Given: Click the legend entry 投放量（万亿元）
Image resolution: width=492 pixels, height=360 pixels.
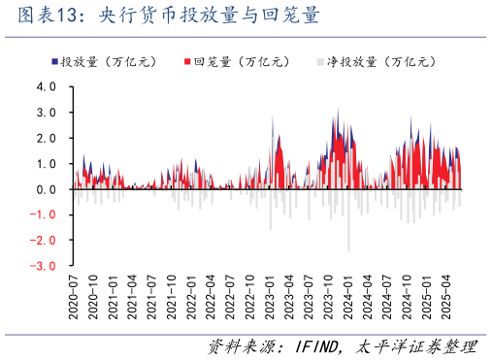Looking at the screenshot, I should tap(102, 62).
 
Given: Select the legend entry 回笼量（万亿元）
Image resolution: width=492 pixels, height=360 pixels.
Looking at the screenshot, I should tap(239, 62).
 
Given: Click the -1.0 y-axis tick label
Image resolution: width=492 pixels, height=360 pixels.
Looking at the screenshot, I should tap(45, 214).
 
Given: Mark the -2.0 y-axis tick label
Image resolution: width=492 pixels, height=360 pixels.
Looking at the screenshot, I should tap(45, 240).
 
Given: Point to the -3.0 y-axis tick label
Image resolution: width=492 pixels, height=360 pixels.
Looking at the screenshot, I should tap(45, 265).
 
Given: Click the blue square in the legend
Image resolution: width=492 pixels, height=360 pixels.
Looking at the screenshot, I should tap(54, 62).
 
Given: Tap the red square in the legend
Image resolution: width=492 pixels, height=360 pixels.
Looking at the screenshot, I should tap(187, 62).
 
